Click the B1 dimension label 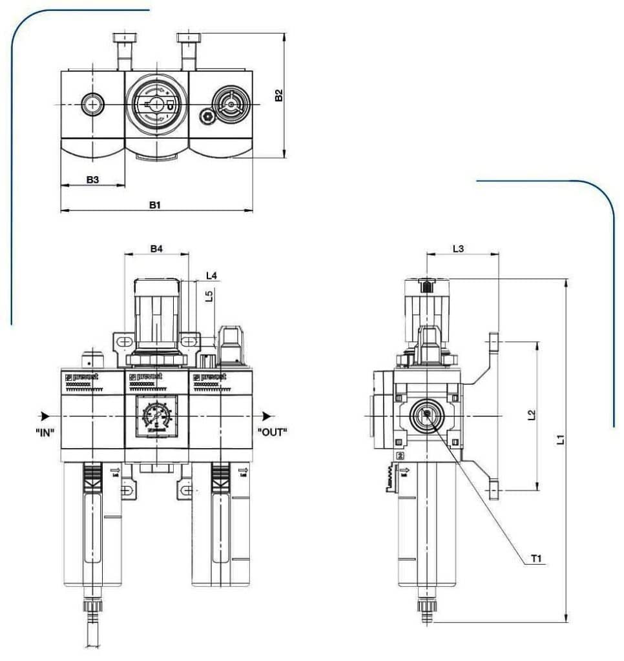154,205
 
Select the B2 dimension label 278,96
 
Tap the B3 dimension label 92,179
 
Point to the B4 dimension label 156,249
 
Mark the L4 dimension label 211,276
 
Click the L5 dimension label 209,296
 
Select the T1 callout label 536,559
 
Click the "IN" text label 45,432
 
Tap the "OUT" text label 272,432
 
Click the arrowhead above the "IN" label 44,416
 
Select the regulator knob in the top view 156,105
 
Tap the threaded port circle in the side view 427,415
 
